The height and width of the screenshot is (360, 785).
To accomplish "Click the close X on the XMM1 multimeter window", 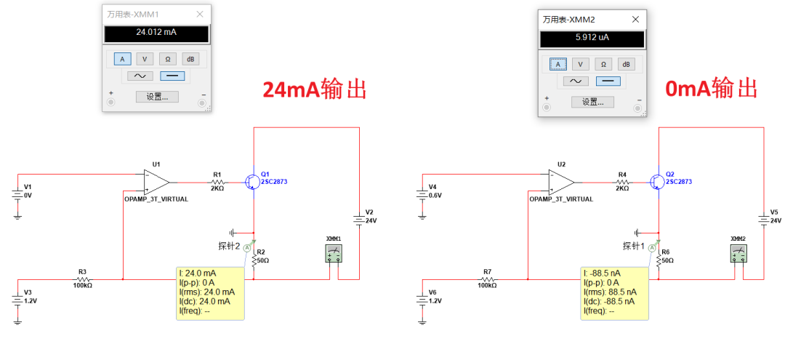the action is [200, 14].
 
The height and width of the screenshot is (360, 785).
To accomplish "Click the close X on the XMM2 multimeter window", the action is [635, 20].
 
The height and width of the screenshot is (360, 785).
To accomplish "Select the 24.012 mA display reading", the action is [156, 33].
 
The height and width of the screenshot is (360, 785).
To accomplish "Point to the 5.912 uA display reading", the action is [592, 37].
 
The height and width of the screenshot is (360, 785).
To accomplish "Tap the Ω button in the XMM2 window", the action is [603, 64].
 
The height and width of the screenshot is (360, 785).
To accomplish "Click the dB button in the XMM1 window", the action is [190, 59].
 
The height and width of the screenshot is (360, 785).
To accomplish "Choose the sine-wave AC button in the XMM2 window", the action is [576, 81].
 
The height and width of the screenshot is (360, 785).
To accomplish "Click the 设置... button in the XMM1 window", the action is [157, 97].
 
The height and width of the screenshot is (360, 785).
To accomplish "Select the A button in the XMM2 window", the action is [558, 64].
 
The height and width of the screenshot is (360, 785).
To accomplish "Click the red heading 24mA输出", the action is [315, 90].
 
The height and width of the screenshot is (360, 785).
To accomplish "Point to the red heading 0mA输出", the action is [711, 89].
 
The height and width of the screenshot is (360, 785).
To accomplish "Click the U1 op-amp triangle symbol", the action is [156, 183].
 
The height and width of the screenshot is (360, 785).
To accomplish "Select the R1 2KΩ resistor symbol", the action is [217, 183].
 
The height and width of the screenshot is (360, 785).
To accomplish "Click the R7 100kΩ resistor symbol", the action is [487, 279].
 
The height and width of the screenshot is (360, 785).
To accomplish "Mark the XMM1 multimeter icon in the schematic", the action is [334, 252].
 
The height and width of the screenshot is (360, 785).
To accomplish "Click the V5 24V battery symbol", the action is [763, 219].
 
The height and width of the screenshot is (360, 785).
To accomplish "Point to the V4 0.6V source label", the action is [435, 191].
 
